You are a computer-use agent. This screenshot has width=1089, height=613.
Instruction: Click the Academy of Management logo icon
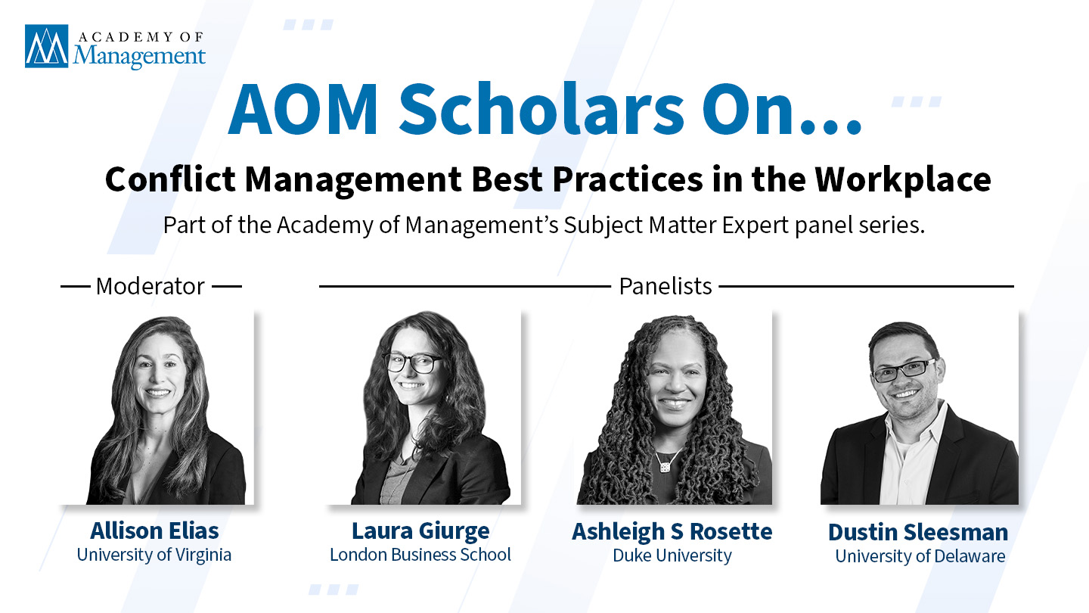click(47, 46)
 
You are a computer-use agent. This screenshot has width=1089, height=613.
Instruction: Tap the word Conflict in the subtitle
click(170, 179)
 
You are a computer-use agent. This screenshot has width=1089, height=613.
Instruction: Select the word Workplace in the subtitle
click(903, 180)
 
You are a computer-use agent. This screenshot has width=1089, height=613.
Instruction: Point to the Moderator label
click(150, 286)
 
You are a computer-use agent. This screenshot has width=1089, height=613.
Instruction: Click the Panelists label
click(665, 286)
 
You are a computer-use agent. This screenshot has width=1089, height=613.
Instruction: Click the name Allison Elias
click(154, 531)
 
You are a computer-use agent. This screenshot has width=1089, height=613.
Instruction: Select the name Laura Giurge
click(420, 531)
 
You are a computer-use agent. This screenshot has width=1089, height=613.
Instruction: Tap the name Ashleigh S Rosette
click(672, 532)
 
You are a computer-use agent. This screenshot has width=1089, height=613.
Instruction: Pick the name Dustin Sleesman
click(918, 532)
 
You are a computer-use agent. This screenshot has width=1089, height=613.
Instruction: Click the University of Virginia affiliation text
click(154, 555)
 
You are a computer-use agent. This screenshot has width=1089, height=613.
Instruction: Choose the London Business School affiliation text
click(420, 555)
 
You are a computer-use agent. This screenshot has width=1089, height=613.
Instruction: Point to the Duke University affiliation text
click(672, 555)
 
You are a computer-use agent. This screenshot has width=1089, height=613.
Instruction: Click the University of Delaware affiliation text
click(920, 556)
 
